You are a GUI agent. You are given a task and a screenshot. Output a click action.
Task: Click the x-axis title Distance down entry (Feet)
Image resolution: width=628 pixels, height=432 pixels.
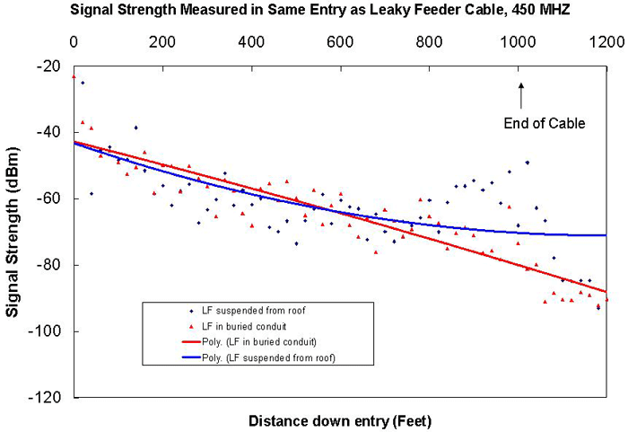(339, 420)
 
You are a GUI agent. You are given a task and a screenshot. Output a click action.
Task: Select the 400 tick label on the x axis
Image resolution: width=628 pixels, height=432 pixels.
(251, 41)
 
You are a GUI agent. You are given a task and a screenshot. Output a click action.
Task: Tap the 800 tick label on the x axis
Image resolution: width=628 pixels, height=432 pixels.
(430, 41)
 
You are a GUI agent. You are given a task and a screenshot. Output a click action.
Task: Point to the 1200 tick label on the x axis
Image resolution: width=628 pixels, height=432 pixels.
(606, 41)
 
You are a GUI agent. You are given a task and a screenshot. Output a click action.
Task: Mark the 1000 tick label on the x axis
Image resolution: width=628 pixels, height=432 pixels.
(517, 41)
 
